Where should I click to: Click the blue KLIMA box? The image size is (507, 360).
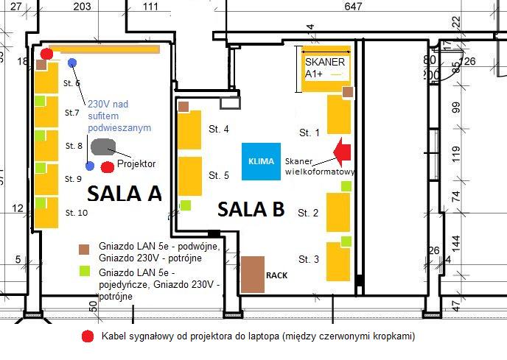(x=262, y=160)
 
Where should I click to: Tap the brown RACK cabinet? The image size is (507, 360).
(x=253, y=275)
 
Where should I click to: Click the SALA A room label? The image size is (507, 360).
(x=124, y=193)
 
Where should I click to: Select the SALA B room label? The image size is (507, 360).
(x=251, y=210)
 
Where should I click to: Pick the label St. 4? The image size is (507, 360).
(x=219, y=130)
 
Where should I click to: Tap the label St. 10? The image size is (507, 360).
(x=76, y=213)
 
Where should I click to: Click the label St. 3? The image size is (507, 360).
(x=308, y=259)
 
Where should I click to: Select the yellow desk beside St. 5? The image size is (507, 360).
(x=190, y=175)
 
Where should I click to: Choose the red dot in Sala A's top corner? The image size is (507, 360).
(x=46, y=54)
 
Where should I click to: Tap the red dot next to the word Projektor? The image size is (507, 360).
(x=108, y=167)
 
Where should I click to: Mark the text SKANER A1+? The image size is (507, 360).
(x=324, y=68)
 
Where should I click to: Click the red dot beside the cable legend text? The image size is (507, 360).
(x=88, y=336)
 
